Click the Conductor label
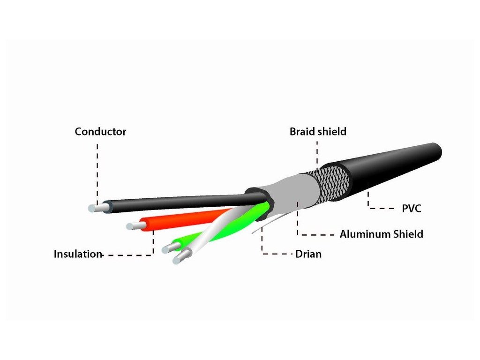pyautogui.click(x=100, y=132)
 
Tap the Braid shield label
pyautogui.click(x=318, y=132)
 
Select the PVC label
pyautogui.click(x=411, y=208)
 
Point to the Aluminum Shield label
pyautogui.click(x=381, y=233)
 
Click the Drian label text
pyautogui.click(x=308, y=255)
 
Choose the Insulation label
pyautogui.click(x=78, y=255)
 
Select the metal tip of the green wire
pyautogui.click(x=167, y=249)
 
